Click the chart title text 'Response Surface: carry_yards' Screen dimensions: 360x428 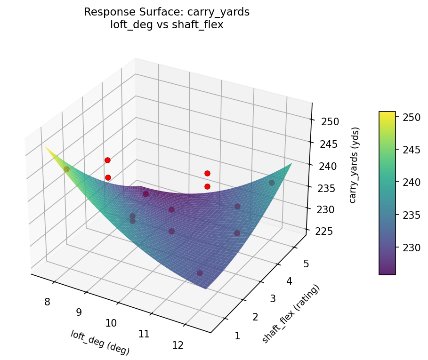pyautogui.click(x=167, y=12)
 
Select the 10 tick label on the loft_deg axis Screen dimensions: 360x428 pyautogui.click(x=111, y=323)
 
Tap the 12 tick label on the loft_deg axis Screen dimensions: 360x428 pyautogui.click(x=178, y=345)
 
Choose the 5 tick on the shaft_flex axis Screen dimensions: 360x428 pyautogui.click(x=306, y=264)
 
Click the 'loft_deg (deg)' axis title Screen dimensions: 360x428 pyautogui.click(x=100, y=342)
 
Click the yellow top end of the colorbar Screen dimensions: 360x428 pyautogui.click(x=387, y=114)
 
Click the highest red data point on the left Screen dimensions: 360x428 pyautogui.click(x=107, y=160)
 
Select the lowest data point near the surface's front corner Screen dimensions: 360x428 pyautogui.click(x=200, y=273)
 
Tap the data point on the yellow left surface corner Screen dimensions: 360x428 pyautogui.click(x=66, y=169)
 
